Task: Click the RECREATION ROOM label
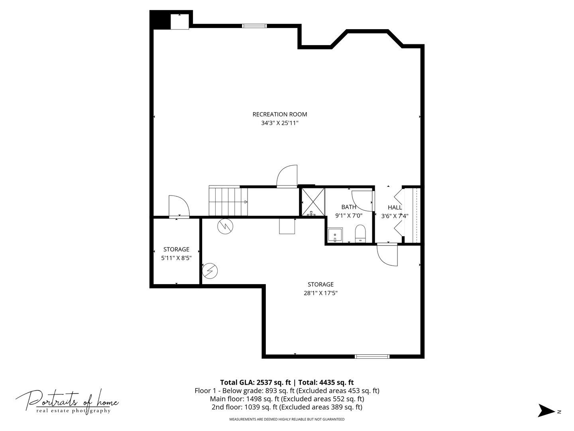279,115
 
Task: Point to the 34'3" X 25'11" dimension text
279,123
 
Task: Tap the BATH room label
349,207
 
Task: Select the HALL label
395,208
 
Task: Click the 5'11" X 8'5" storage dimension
176,258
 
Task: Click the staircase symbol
228,201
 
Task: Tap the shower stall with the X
313,202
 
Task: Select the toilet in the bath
360,233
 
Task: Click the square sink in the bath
335,235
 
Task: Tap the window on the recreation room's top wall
254,26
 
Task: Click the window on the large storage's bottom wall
372,356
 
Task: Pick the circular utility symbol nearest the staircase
225,226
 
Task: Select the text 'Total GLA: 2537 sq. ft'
255,382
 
